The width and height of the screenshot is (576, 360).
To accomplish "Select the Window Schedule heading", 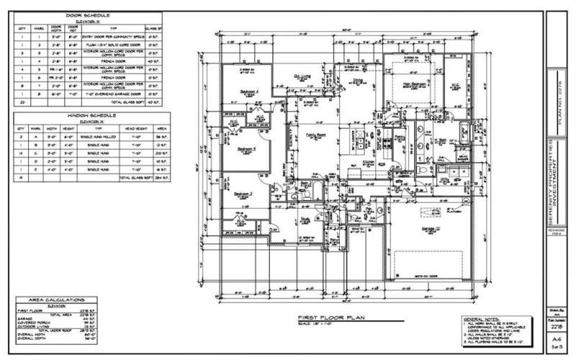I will [87, 114].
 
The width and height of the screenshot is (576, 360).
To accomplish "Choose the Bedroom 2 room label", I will [245, 194].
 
